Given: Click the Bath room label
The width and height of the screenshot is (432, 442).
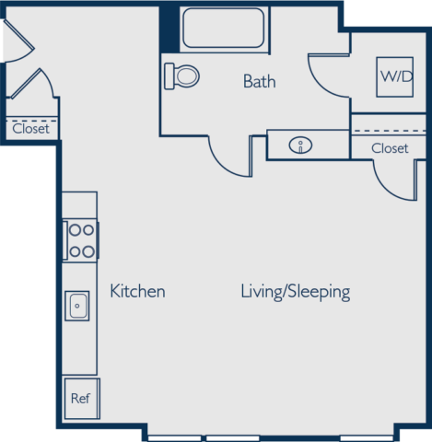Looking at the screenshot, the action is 259,81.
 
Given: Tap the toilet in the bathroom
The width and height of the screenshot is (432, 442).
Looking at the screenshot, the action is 181,76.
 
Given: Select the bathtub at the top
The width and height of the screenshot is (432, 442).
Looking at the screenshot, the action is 224,28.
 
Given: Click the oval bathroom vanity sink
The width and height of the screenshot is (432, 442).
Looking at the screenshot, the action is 300,145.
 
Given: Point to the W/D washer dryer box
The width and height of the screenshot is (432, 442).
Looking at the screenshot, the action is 394,77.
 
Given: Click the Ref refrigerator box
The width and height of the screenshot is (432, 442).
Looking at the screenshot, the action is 82,399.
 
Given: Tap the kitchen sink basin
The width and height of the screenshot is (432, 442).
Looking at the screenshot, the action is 77,306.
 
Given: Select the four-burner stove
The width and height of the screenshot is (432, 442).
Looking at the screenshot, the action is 80,240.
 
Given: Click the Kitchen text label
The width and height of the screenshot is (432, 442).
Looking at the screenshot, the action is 137,291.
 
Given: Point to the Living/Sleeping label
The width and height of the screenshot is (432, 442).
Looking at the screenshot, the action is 296,292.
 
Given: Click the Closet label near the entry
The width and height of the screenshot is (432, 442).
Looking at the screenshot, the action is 30,129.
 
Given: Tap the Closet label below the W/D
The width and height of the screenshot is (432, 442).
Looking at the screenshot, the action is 390,148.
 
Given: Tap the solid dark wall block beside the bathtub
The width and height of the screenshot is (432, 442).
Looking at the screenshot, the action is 169,29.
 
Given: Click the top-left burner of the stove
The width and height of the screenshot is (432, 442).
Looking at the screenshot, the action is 75,230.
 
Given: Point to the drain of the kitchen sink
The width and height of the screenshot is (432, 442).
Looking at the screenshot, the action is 77,306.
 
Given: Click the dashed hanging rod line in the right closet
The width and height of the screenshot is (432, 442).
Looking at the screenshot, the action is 390,131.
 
